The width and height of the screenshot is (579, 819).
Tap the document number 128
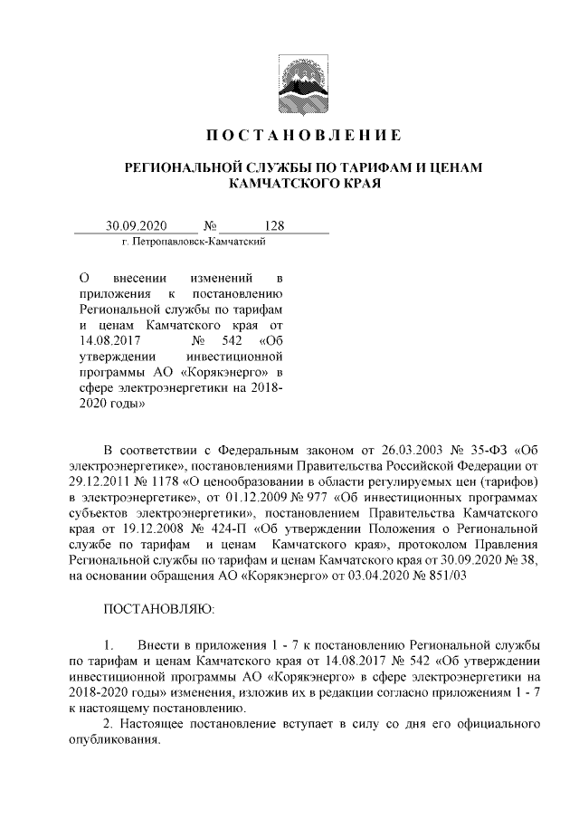(x=274, y=224)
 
